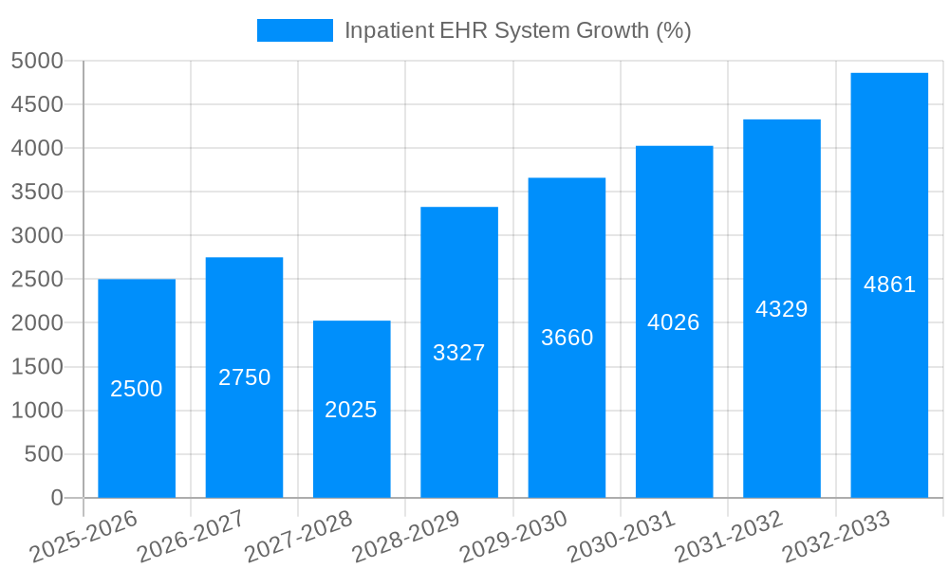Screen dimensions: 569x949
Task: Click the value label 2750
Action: point(245,377)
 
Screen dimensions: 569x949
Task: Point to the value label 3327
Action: point(459,353)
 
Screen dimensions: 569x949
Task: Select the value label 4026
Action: point(674,322)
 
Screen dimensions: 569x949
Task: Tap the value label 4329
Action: point(781,309)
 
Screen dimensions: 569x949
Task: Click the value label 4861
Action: point(889,284)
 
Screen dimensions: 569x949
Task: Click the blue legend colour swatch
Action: point(295,30)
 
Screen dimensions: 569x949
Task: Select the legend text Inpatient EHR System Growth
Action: point(517,30)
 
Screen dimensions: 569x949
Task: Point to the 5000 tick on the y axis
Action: point(37,62)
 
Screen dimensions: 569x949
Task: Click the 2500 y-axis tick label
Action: point(37,280)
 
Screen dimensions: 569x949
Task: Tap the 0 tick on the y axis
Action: point(56,498)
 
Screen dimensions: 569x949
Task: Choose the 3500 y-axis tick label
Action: point(37,193)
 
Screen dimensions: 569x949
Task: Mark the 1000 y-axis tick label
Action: point(37,411)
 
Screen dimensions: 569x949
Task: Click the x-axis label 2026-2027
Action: point(191,537)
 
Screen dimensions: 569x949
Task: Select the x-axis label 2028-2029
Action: point(406,537)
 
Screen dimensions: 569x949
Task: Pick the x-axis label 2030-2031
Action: point(621,537)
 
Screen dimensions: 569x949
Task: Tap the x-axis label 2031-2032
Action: point(729,537)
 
